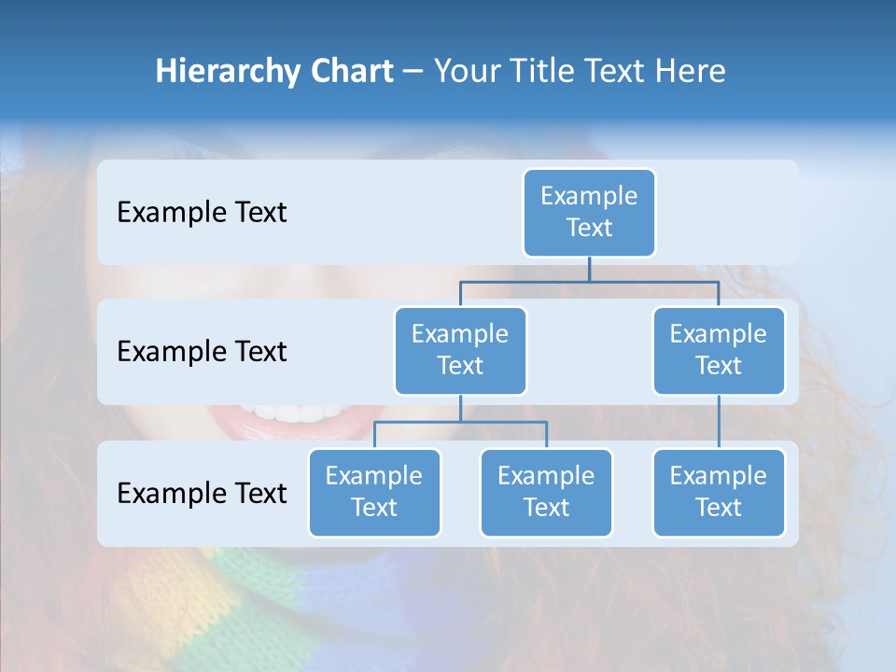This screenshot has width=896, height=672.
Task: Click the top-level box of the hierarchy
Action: pyautogui.click(x=589, y=213)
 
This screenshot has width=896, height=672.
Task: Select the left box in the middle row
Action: pyautogui.click(x=460, y=351)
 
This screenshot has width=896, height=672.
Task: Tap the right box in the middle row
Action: pyautogui.click(x=719, y=351)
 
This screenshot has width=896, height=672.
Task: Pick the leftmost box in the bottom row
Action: pyautogui.click(x=374, y=493)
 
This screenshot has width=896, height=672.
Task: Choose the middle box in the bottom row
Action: pyautogui.click(x=546, y=493)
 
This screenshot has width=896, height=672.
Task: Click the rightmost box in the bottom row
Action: pyautogui.click(x=719, y=493)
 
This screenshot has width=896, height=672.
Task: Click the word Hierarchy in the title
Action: pyautogui.click(x=227, y=72)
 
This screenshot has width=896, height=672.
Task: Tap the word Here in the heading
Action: pyautogui.click(x=691, y=71)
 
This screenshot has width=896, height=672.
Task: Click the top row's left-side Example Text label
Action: pyautogui.click(x=202, y=213)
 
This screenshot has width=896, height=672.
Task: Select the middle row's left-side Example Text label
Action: pyautogui.click(x=202, y=352)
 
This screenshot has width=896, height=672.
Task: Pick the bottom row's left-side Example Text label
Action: pyautogui.click(x=202, y=493)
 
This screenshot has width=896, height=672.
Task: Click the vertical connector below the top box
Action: pyautogui.click(x=589, y=269)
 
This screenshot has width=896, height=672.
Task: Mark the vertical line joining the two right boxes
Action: pyautogui.click(x=719, y=422)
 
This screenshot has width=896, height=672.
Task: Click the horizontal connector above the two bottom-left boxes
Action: pyautogui.click(x=460, y=422)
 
